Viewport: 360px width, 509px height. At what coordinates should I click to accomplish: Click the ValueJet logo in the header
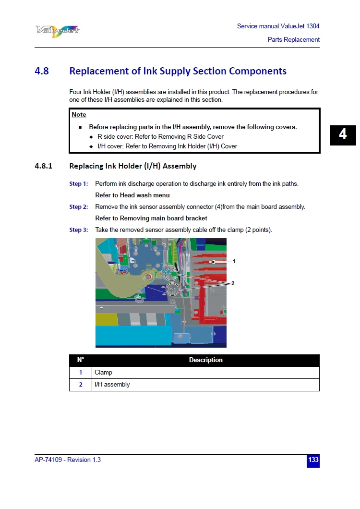click(x=57, y=30)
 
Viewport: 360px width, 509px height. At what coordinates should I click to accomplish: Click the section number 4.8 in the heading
click(x=42, y=71)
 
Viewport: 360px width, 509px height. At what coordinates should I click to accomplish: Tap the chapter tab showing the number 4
click(x=342, y=134)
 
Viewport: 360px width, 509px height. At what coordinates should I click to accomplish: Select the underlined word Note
click(x=79, y=114)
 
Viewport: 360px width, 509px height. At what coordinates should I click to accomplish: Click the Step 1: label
click(x=79, y=184)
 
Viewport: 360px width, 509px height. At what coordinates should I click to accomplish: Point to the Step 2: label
click(x=79, y=207)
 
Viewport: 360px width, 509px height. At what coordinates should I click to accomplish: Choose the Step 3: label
click(x=79, y=230)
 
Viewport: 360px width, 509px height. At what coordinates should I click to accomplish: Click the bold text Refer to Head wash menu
click(x=132, y=195)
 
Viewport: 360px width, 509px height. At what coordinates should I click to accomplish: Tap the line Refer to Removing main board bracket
click(x=151, y=218)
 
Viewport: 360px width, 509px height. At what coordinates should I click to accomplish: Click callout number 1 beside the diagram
click(x=234, y=262)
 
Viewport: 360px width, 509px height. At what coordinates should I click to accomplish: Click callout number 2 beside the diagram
click(x=233, y=283)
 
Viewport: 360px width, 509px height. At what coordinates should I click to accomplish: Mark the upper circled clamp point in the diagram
click(x=172, y=275)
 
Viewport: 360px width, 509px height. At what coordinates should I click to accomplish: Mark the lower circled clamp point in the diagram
click(x=172, y=289)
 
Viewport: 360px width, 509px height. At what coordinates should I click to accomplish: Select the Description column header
click(x=205, y=360)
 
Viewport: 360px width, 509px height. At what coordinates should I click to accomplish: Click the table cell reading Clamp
click(x=104, y=373)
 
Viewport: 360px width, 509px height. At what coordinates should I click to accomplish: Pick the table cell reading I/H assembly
click(x=112, y=385)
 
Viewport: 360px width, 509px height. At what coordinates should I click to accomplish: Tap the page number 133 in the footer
click(x=313, y=460)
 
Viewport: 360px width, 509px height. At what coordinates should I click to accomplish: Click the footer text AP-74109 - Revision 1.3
click(x=68, y=460)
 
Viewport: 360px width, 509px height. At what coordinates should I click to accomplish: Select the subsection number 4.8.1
click(x=43, y=166)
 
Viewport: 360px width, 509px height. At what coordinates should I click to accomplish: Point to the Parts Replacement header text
click(x=293, y=40)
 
